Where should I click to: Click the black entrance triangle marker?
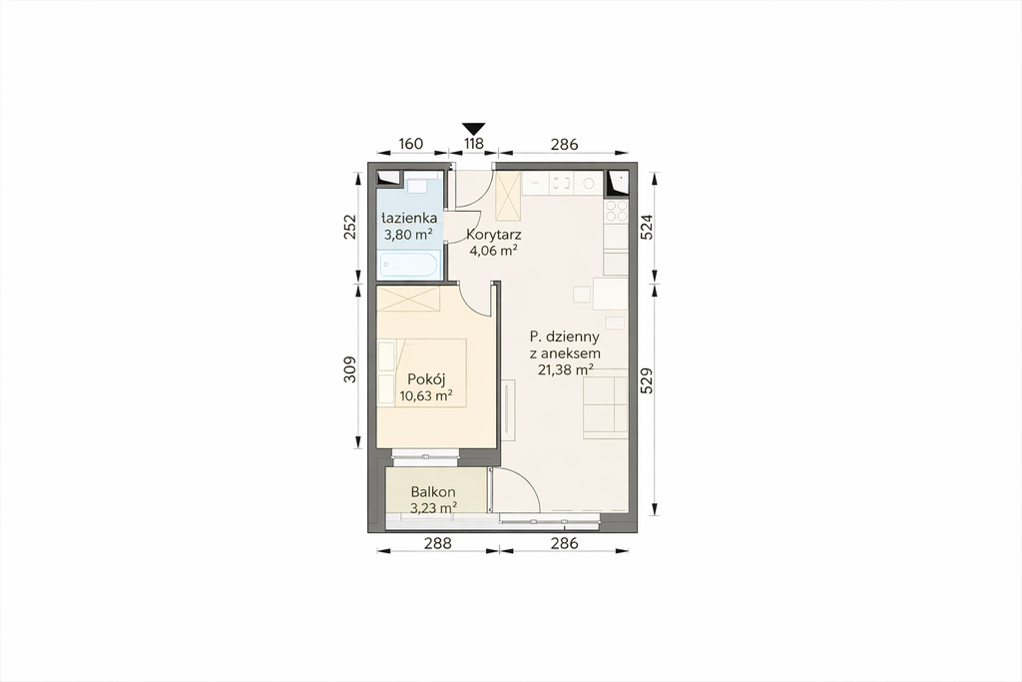474,128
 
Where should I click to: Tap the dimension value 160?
410,144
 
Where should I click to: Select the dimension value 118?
474,144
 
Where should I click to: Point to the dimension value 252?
350,227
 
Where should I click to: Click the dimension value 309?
350,369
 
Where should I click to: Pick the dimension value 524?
647,228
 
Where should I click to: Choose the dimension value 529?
647,380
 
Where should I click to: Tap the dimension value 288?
438,542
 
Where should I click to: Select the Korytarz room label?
493,235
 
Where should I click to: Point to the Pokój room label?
425,378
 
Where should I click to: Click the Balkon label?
433,492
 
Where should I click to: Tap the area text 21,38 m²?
565,369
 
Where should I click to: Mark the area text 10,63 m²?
426,395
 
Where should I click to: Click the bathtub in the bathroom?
410,264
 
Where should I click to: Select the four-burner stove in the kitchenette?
616,211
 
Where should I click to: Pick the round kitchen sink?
589,184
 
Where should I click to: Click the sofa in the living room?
606,402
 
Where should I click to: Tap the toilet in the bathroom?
416,185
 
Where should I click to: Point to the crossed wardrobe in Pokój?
408,298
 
